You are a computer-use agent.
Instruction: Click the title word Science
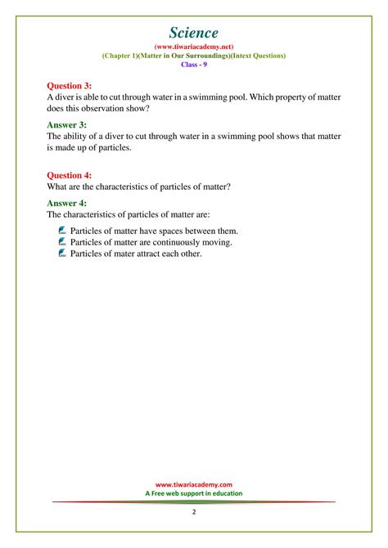[x=194, y=33]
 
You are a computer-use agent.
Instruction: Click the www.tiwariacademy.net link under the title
[x=194, y=47]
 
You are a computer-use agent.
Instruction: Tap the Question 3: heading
[x=70, y=84]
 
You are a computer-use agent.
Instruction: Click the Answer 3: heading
[x=66, y=124]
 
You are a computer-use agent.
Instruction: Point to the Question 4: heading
[x=70, y=174]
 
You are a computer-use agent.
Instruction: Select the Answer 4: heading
[x=66, y=202]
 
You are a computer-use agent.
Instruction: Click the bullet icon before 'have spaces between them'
[x=63, y=231]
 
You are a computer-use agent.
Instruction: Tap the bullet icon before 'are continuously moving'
[x=63, y=242]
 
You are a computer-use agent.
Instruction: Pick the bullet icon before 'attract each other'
[x=63, y=254]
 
